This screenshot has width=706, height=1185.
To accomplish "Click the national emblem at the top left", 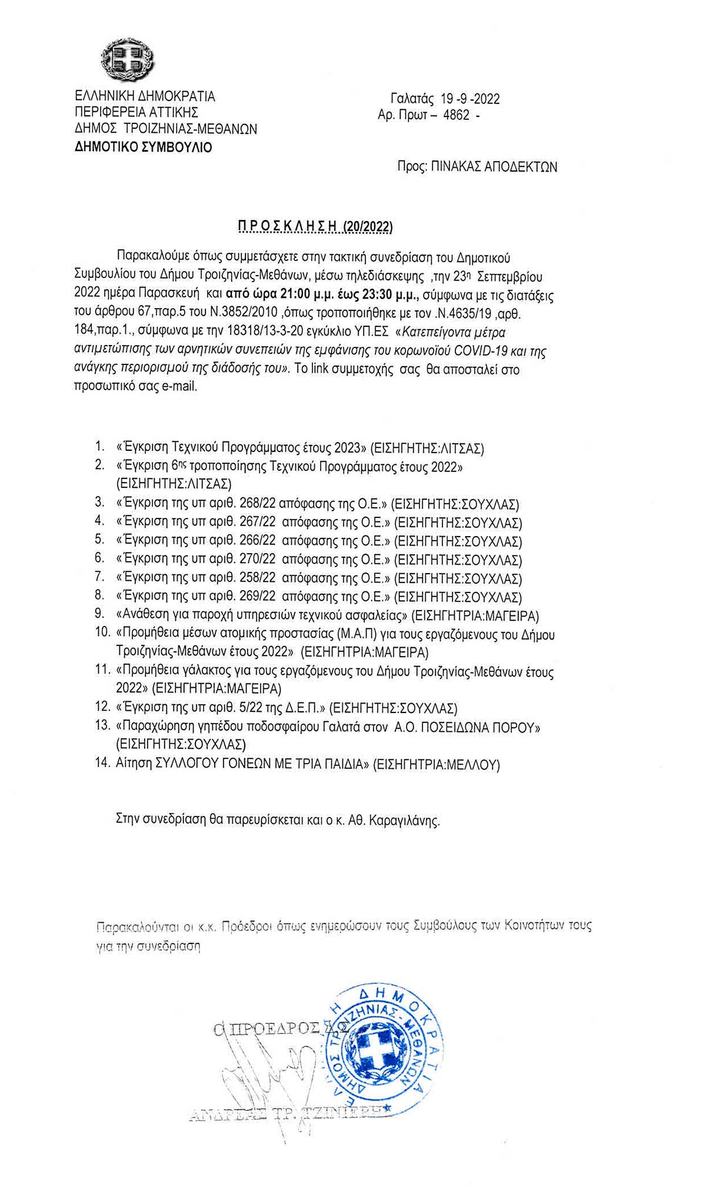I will [x=127, y=59].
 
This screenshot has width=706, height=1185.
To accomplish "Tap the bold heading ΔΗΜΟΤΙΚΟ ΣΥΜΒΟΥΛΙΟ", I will [x=144, y=147].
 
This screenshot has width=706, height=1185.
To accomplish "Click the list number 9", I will [x=99, y=615].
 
